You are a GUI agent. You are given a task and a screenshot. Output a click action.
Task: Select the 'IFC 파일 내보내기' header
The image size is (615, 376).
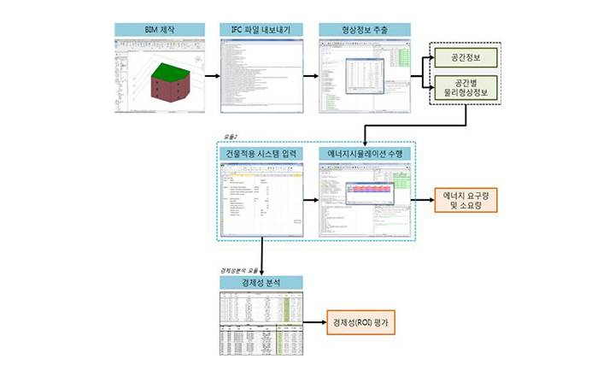261,30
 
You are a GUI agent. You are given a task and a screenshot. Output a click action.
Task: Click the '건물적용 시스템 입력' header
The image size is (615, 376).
261,153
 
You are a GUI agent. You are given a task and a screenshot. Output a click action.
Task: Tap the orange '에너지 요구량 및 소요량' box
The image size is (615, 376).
466,202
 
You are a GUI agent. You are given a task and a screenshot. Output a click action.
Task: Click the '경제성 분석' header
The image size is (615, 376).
261,282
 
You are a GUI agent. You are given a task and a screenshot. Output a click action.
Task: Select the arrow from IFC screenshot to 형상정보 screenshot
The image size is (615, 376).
311,75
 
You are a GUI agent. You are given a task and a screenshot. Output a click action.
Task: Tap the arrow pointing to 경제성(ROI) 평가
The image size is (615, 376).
315,324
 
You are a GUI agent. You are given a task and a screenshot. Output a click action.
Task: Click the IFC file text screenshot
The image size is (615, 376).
261,75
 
